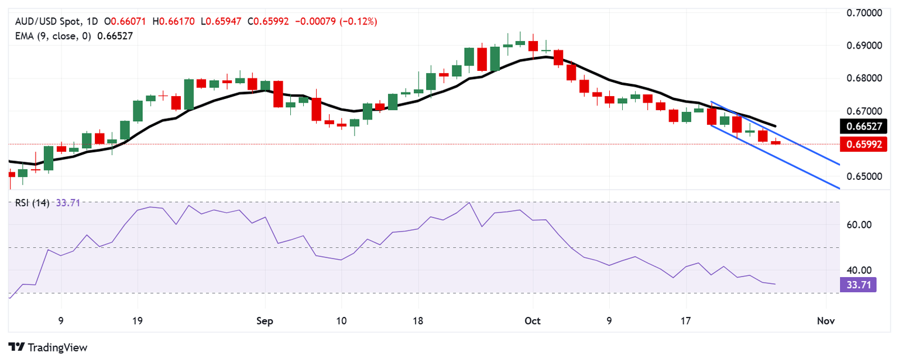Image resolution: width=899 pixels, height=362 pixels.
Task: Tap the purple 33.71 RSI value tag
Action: pos(857,285)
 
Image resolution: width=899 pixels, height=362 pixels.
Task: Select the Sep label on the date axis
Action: pos(265,321)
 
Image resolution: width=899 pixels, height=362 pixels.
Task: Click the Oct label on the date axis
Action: pos(533,321)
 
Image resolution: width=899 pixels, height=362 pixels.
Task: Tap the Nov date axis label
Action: pos(825,321)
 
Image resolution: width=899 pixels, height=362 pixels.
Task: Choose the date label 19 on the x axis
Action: pos(138,321)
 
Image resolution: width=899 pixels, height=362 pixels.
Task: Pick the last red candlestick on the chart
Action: pos(776,142)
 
